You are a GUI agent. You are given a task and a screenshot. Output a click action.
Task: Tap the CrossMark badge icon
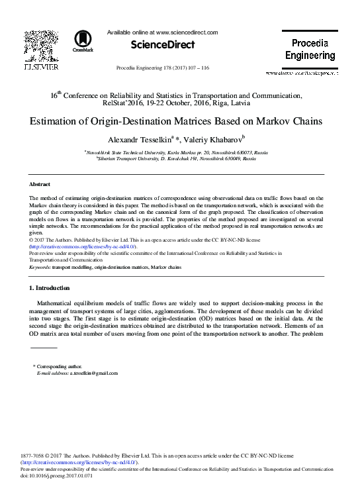(x=83, y=42)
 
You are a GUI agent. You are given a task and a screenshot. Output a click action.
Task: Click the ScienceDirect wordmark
(x=163, y=44)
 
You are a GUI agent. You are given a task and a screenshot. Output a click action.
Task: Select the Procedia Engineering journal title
(x=310, y=50)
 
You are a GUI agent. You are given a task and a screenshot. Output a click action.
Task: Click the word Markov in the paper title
(x=264, y=122)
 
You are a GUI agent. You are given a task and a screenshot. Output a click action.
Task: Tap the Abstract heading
(x=40, y=183)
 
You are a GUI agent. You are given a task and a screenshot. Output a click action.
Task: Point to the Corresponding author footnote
(x=60, y=366)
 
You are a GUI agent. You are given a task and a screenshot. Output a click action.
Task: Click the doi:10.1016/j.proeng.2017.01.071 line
(x=64, y=475)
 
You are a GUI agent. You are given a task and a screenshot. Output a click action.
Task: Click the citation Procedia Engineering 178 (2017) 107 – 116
(x=162, y=68)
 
